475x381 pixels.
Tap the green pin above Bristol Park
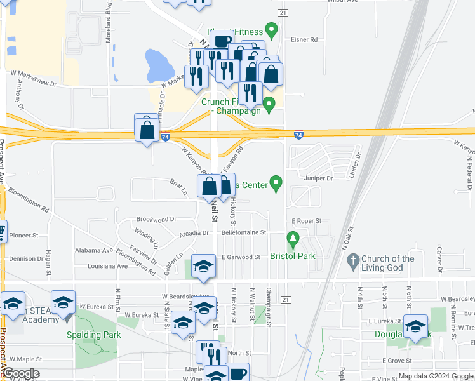(293, 240)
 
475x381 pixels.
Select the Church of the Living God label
(388, 263)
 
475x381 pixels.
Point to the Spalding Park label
(93, 334)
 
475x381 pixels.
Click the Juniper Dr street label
(318, 178)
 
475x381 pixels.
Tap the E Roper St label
(307, 221)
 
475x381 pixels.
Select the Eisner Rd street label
(304, 39)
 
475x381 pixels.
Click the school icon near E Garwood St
(203, 267)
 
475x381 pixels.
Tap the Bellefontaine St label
(244, 233)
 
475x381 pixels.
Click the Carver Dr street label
(439, 259)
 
